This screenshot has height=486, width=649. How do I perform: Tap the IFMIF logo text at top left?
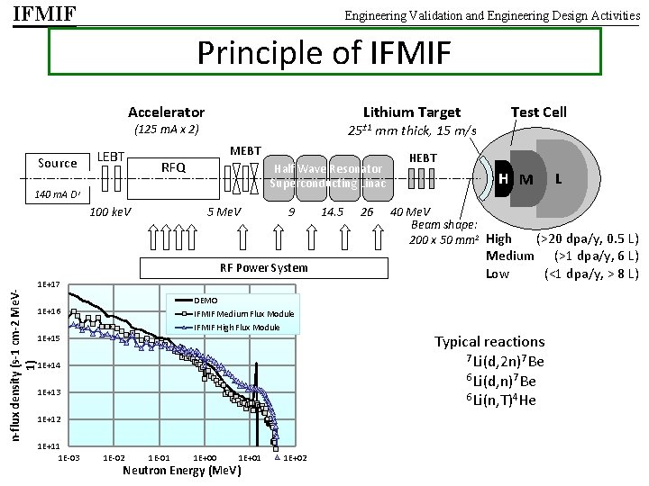[44, 14]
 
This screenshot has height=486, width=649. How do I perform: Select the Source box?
[58, 163]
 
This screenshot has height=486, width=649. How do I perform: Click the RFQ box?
[173, 167]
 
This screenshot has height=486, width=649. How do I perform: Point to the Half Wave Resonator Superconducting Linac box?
[328, 176]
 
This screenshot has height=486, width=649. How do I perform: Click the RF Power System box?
[264, 267]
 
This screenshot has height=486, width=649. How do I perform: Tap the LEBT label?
[111, 157]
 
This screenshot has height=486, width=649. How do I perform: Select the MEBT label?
[245, 150]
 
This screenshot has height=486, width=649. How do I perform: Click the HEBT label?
[423, 158]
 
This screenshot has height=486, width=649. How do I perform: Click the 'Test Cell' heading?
[538, 112]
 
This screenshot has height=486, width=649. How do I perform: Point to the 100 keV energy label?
[111, 212]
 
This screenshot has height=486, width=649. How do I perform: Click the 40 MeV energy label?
[409, 212]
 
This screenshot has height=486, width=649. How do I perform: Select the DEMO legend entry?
[206, 300]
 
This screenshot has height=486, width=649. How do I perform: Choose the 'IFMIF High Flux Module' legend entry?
[236, 327]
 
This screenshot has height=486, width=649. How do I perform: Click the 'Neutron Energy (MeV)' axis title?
[180, 471]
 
